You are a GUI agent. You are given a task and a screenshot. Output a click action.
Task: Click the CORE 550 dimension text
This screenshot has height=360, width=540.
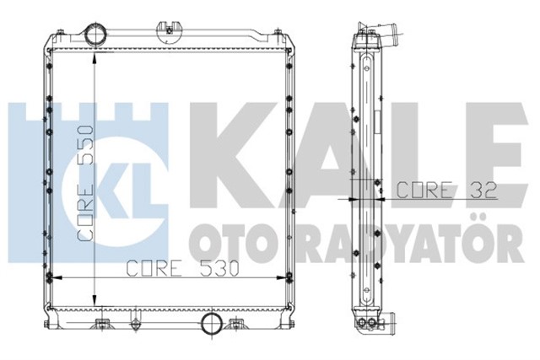(x=84, y=185)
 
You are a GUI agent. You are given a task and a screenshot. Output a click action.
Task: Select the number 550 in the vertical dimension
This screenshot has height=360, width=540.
(x=84, y=145)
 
